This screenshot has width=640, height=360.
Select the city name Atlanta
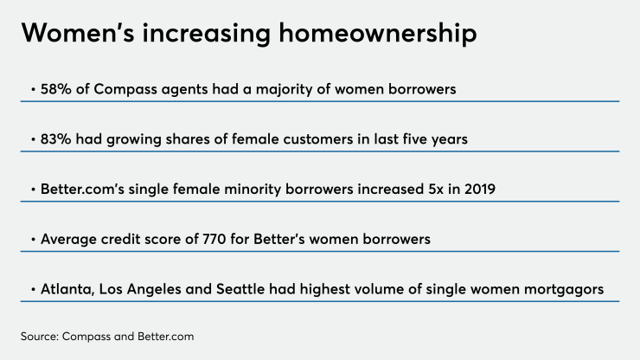coord(68,288)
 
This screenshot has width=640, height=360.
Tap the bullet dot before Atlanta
coord(33,289)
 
